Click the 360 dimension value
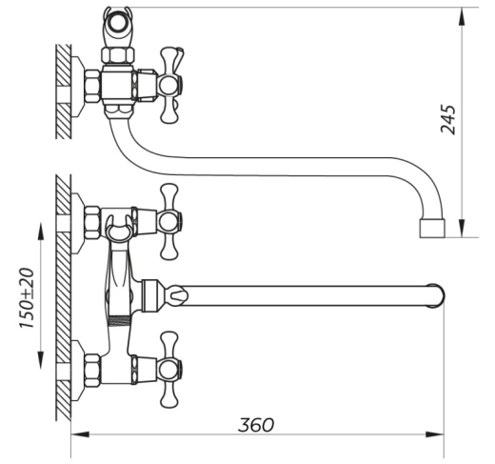(256, 425)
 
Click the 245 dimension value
(448, 119)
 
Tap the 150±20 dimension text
(27, 298)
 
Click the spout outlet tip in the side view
(432, 228)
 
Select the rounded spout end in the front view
(437, 295)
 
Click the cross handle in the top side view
(170, 85)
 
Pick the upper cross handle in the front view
(170, 222)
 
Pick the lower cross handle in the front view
(170, 371)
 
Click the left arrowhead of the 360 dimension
(80, 434)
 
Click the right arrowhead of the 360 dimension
(435, 434)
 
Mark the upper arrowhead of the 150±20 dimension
(41, 232)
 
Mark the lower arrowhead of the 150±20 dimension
(41, 360)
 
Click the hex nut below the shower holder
(117, 54)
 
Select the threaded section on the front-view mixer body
(120, 321)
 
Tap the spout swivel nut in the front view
(149, 295)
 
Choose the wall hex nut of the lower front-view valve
(92, 371)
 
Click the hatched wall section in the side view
(64, 91)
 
